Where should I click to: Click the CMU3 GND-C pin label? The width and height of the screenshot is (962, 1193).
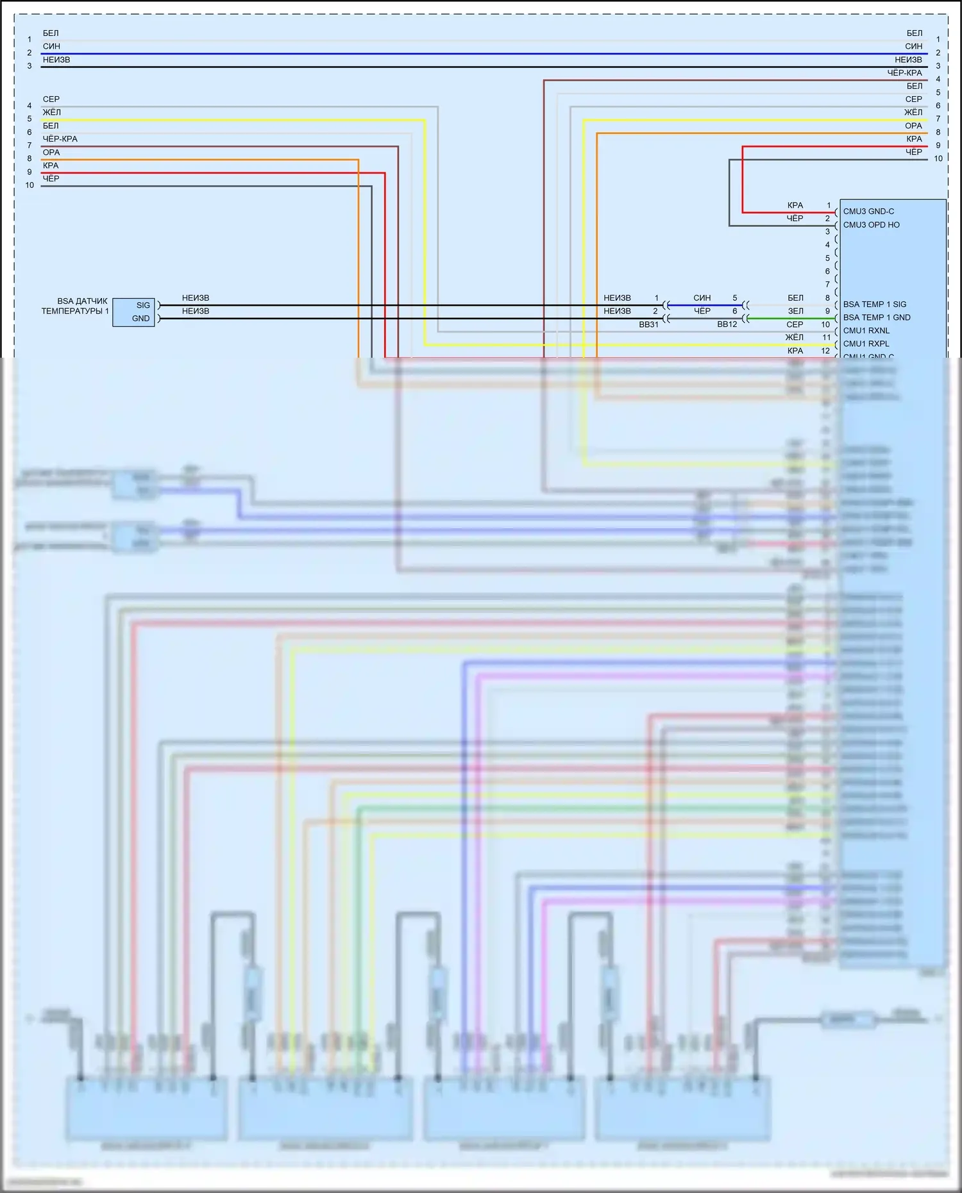point(868,212)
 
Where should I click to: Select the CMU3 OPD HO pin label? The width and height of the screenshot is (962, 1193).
point(871,225)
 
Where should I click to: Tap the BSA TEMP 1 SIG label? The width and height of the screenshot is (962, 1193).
point(874,305)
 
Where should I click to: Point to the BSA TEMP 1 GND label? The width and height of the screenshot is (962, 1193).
point(876,317)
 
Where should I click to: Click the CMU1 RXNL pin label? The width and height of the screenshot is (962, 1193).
point(866,331)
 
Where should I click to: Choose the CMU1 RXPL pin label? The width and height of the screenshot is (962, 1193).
point(866,344)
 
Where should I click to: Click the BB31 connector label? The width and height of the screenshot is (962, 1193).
point(648,324)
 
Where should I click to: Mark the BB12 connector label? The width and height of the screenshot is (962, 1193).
point(727,324)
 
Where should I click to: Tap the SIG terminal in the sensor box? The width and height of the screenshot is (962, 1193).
point(142,305)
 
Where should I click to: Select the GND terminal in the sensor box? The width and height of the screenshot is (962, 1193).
point(140,319)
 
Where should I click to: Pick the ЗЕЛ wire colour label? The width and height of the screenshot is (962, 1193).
point(795,311)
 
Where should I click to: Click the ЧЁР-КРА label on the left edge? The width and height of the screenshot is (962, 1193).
point(60,139)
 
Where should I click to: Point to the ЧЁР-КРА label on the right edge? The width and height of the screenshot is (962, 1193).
point(904,73)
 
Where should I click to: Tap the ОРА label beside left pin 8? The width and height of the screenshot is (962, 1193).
point(51,153)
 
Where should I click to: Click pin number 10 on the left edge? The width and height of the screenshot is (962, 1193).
point(30,185)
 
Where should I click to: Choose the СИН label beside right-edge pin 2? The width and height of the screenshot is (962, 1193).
point(913,46)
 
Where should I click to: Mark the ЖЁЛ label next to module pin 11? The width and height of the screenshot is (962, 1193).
point(794,337)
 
